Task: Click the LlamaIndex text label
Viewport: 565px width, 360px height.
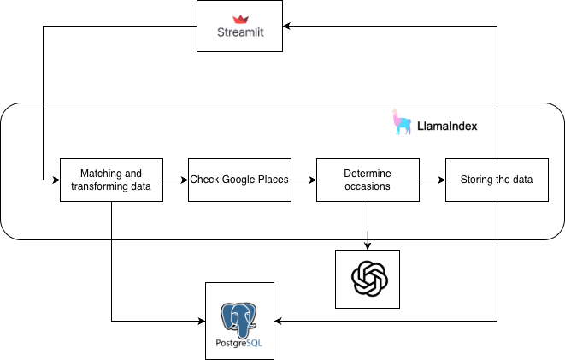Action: (446, 126)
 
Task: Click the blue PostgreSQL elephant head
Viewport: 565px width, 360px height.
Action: (239, 316)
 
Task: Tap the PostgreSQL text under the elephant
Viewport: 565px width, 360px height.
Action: (239, 347)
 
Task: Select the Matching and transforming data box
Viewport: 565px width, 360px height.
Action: (111, 180)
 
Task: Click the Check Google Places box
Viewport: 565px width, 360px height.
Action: (239, 180)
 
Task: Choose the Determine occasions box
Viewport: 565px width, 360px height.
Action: (368, 180)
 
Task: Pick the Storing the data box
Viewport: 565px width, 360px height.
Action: (496, 180)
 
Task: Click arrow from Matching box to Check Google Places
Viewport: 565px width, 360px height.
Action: (175, 180)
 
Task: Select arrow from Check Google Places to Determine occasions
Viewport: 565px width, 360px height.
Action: (303, 180)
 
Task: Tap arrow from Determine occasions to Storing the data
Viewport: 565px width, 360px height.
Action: (432, 180)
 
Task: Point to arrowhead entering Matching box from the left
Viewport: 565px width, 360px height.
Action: (55, 180)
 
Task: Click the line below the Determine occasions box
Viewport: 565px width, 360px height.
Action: (368, 220)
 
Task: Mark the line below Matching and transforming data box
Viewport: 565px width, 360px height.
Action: (111, 220)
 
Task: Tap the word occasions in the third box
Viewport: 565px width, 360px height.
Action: (368, 186)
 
